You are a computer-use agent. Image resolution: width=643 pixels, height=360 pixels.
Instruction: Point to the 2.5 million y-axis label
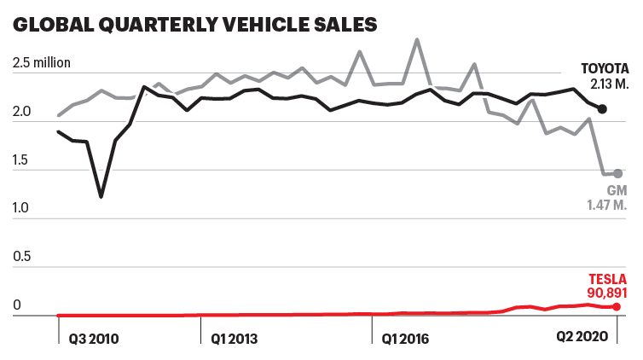[42, 62]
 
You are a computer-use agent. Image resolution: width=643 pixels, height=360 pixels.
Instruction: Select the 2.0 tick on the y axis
[22, 111]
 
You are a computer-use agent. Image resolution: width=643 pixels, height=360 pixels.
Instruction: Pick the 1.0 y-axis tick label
[22, 207]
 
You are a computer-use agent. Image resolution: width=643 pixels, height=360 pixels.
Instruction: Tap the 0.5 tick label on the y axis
[22, 256]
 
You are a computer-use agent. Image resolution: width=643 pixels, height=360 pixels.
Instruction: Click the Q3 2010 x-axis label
[94, 338]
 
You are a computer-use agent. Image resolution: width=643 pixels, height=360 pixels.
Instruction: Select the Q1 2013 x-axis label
[235, 338]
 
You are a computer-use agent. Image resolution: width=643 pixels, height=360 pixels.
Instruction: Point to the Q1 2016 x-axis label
[406, 338]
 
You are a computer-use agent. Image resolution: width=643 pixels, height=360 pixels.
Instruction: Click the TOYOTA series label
[605, 68]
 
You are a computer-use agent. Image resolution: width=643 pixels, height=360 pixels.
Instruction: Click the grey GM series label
[617, 191]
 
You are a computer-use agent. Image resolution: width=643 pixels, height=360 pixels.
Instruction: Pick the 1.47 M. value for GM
[607, 206]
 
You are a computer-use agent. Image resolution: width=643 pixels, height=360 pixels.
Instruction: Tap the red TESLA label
[608, 279]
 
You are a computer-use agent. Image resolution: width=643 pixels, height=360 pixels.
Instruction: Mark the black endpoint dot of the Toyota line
[602, 109]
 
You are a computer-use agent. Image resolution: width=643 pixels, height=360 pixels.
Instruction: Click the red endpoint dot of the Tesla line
[617, 306]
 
